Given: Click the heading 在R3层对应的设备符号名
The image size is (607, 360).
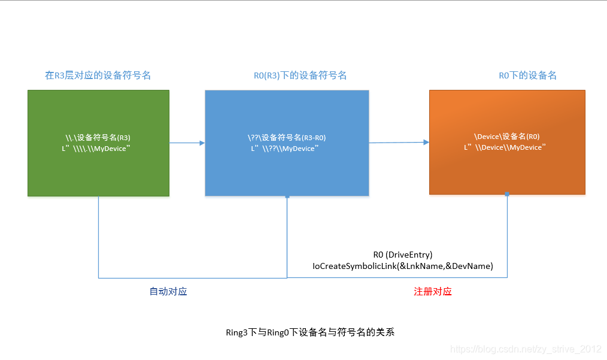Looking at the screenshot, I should point(98,75).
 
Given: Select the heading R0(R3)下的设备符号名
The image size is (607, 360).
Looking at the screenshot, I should point(300,75).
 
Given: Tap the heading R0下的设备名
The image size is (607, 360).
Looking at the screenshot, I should point(527,75).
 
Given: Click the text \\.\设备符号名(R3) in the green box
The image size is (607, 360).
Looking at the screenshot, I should point(98,138).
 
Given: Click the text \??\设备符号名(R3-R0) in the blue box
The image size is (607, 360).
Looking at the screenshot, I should point(287,138).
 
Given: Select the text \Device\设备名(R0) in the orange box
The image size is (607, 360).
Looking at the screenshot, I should point(507,137).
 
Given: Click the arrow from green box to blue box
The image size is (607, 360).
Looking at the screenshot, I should point(187,143).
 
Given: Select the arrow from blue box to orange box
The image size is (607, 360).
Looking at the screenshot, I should point(399,143).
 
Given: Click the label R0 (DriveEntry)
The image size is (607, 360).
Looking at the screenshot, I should point(402,255).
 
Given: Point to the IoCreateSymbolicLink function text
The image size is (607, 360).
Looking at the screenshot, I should point(402,266).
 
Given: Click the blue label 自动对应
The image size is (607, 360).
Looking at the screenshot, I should point(168,292).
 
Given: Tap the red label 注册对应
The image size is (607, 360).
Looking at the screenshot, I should point(433,292).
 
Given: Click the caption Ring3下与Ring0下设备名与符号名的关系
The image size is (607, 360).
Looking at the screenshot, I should point(310,332).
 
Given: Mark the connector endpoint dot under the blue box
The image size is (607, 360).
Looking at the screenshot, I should point(287,196).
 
